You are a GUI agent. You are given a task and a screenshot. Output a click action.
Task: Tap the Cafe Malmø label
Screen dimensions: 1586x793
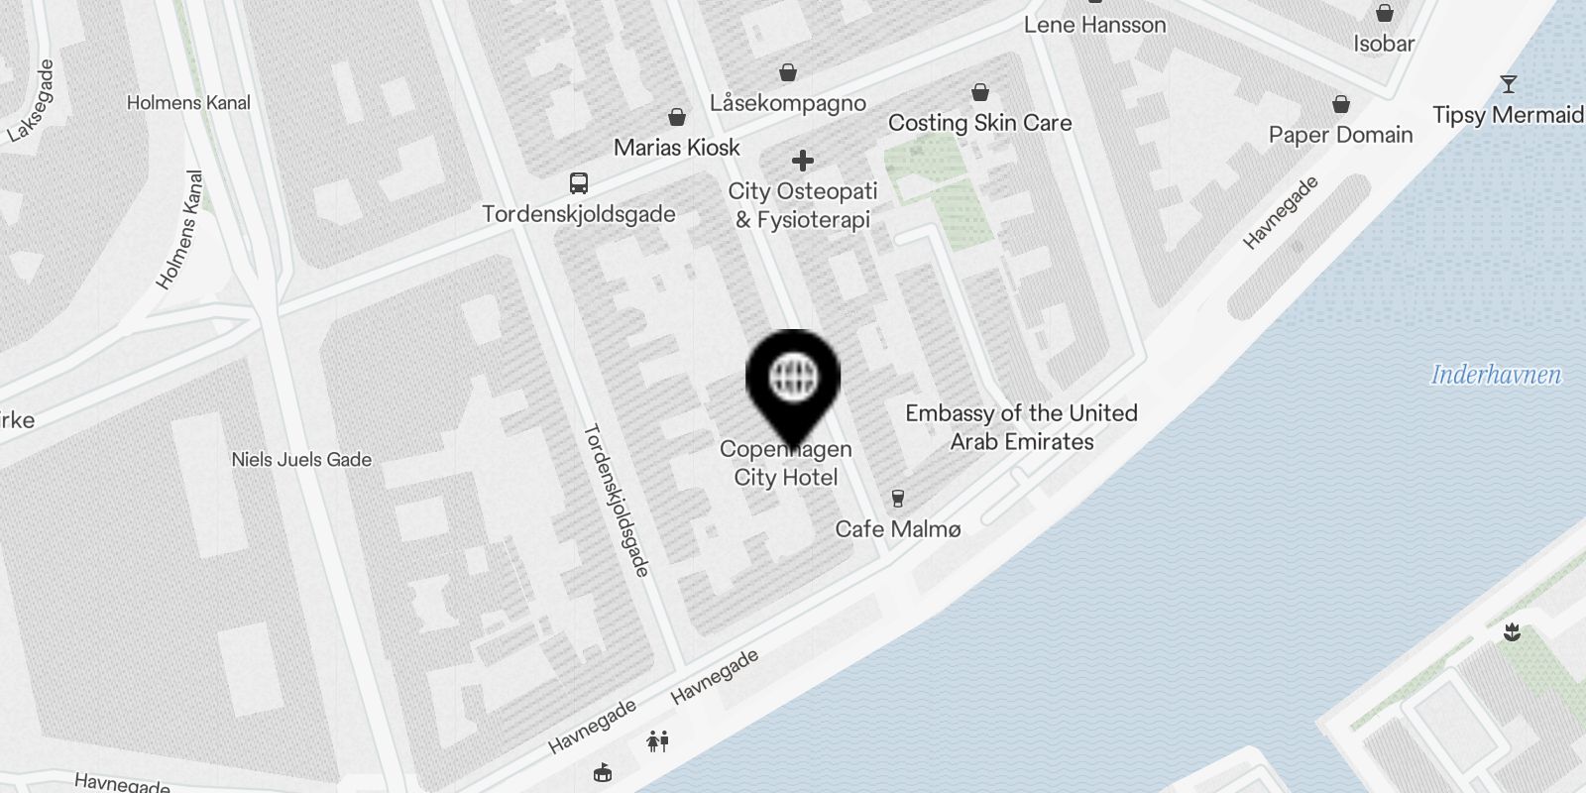coord(897,529)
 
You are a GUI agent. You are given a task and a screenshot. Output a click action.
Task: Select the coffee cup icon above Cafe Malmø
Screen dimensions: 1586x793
coord(898,499)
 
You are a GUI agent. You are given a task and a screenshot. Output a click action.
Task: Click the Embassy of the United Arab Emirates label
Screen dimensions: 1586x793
coord(1021,427)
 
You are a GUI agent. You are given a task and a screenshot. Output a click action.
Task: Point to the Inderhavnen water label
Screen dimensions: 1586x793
coord(1496,375)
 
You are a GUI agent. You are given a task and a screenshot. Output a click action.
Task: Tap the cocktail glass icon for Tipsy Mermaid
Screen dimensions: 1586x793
coord(1508,84)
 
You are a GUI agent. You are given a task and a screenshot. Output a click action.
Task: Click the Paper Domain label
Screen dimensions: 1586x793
coord(1340,135)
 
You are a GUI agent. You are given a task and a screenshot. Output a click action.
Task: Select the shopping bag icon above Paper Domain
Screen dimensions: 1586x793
coord(1341,104)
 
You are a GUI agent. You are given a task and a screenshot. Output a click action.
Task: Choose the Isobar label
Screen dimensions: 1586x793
coord(1384,44)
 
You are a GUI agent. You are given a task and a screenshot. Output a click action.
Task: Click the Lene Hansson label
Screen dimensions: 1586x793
coord(1094,25)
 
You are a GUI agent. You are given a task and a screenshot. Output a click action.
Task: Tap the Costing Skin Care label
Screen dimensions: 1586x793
coord(979,123)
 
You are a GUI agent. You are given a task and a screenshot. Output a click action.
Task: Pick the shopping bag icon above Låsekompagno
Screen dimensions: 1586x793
coord(788,72)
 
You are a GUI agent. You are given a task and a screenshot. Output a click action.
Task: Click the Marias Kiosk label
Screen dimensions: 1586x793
coord(677,148)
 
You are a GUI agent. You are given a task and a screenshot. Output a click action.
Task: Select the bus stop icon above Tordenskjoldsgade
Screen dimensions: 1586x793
coord(579,183)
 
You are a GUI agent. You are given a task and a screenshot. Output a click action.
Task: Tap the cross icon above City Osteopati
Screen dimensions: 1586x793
coord(803,161)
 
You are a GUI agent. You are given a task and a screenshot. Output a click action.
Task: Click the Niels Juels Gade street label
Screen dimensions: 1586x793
coord(301,460)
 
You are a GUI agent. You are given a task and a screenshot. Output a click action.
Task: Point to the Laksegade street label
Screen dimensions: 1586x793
coord(31,101)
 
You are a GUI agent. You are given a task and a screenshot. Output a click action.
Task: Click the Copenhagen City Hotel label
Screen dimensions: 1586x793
coord(786,464)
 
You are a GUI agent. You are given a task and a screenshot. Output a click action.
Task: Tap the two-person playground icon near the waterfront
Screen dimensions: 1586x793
coord(658,740)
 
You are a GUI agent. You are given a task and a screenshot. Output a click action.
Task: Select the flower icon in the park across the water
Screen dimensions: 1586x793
coord(1512,631)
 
